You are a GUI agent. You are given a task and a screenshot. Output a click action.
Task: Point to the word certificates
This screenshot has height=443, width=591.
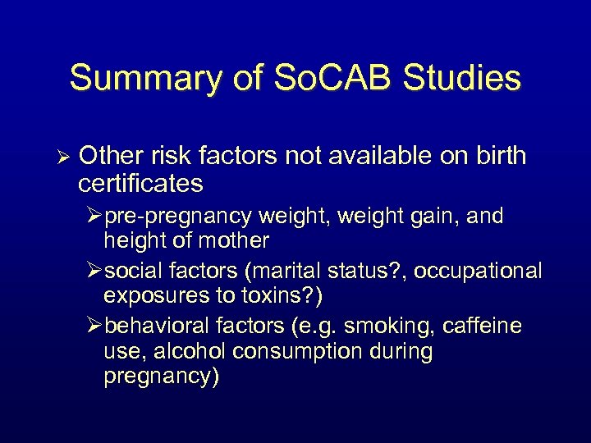[x=141, y=183]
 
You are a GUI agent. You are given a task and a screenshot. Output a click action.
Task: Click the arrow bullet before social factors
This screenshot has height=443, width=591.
[x=94, y=271]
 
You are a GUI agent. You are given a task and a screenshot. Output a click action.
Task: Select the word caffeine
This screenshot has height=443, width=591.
[x=482, y=326]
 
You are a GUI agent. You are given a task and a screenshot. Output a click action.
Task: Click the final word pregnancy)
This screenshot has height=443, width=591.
[x=161, y=377]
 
